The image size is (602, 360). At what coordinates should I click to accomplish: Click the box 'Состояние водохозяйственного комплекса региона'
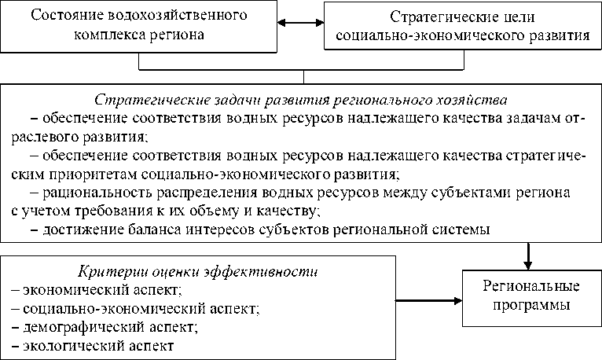(x=140, y=26)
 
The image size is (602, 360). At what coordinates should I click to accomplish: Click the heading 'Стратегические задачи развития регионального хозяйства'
(x=301, y=100)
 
